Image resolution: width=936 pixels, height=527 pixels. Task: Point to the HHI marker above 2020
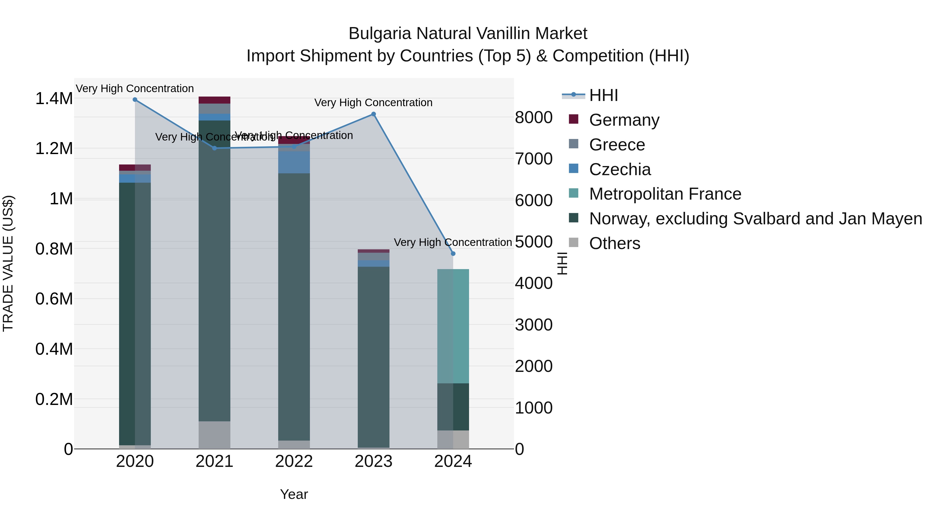[135, 100]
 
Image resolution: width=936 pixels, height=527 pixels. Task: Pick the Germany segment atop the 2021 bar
[214, 100]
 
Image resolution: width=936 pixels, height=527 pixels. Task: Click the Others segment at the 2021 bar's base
[214, 435]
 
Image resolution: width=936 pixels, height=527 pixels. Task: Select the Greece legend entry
[617, 145]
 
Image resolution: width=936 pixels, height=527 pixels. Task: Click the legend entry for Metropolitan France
[665, 194]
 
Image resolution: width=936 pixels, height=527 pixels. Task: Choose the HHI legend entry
[603, 95]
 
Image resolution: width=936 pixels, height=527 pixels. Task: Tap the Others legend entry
[614, 243]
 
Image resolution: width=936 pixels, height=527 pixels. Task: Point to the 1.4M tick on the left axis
[54, 99]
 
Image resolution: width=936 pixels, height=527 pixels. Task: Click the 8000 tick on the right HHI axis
[534, 117]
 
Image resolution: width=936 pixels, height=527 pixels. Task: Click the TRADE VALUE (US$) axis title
[8, 263]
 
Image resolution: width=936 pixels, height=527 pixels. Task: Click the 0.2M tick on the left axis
[54, 399]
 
